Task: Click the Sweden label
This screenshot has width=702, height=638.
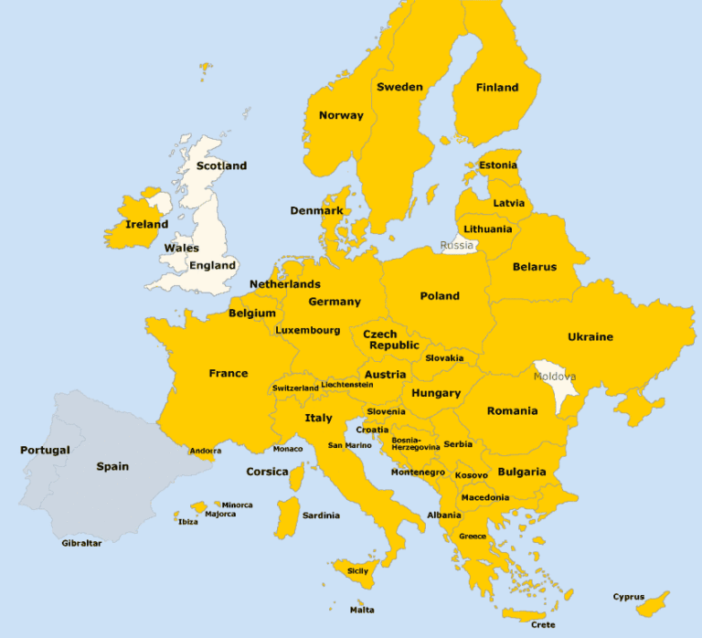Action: [x=399, y=87]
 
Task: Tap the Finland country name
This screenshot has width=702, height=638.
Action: [x=497, y=88]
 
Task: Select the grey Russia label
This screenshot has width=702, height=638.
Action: [x=457, y=245]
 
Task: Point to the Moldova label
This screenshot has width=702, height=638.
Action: [x=555, y=376]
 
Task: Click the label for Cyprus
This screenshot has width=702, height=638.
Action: [x=629, y=597]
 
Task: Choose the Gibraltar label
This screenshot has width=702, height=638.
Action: [x=81, y=543]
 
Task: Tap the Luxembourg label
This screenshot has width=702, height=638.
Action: [x=308, y=330]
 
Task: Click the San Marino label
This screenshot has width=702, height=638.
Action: [x=350, y=445]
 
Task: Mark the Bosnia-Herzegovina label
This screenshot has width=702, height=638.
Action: [x=415, y=443]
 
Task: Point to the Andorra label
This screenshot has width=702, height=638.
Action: [x=205, y=451]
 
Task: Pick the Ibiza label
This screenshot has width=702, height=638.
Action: [x=187, y=522]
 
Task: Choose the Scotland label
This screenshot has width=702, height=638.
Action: [x=221, y=165]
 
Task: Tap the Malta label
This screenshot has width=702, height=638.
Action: [x=362, y=610]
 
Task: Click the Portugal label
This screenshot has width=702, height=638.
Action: [x=45, y=450]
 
